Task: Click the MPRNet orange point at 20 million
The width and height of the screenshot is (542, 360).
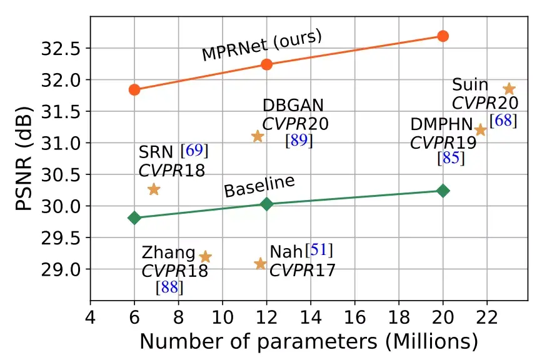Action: click(443, 36)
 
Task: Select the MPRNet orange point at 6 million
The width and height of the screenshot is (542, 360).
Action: click(134, 89)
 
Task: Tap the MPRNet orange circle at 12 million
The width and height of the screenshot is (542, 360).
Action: click(267, 64)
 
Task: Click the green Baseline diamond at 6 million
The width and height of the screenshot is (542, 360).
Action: click(134, 217)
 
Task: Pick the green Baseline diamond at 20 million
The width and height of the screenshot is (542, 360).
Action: click(443, 191)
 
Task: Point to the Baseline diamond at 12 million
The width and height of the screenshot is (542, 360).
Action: click(267, 204)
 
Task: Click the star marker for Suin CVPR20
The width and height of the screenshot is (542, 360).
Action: click(509, 89)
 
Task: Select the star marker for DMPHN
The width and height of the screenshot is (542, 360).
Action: click(481, 130)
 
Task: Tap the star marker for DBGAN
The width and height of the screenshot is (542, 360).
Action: click(258, 136)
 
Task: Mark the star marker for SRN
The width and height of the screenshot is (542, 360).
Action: click(154, 189)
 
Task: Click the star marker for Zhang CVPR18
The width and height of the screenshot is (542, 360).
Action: click(205, 256)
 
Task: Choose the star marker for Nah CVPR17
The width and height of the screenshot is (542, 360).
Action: click(261, 264)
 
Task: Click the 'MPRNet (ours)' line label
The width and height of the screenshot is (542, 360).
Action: click(261, 46)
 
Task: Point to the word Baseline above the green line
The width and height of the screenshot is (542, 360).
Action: click(259, 187)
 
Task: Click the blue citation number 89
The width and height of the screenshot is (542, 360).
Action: click(299, 141)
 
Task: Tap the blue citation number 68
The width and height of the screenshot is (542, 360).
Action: click(503, 121)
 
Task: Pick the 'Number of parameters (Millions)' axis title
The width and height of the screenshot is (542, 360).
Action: click(308, 341)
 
